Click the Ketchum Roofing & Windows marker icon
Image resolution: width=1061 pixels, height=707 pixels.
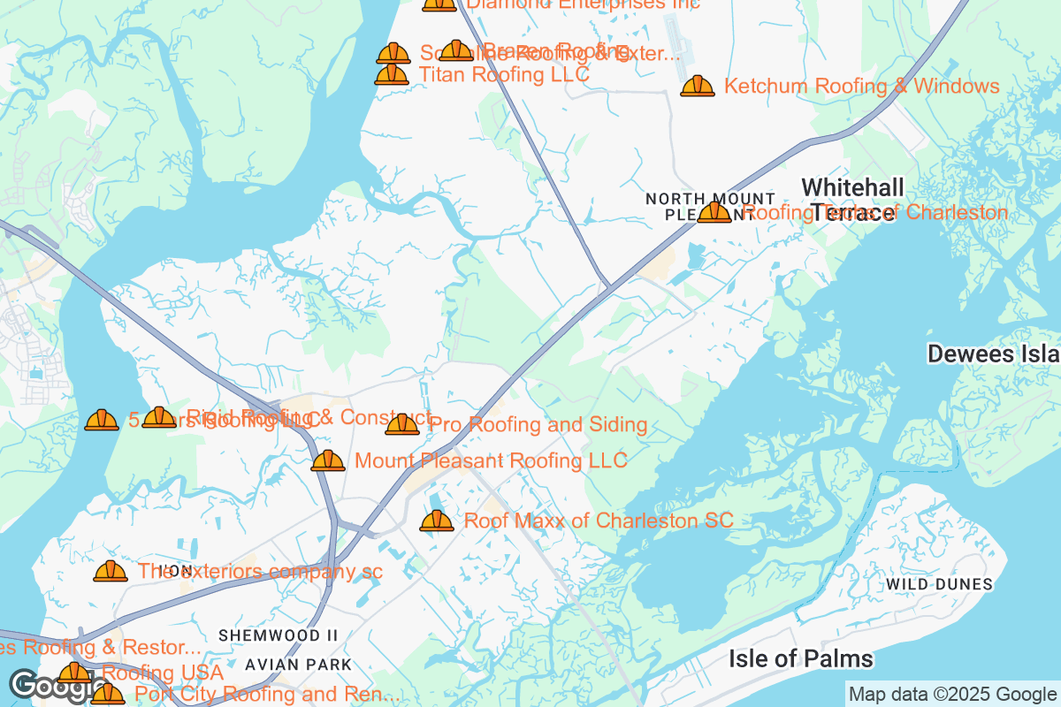(x=698, y=86)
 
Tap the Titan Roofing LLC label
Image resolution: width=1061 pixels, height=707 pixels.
(x=503, y=75)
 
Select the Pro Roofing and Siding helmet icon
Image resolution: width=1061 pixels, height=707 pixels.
(x=402, y=425)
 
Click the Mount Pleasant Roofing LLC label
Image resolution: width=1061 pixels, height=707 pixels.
(x=491, y=460)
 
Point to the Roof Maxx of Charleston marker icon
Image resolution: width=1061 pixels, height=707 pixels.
(x=436, y=521)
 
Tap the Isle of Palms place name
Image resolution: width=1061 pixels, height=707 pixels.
(x=800, y=658)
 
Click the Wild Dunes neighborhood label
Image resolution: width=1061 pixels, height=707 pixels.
(x=939, y=584)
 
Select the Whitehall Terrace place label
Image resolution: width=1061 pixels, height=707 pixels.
(x=852, y=199)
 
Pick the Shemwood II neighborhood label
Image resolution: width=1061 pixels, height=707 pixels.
(x=279, y=635)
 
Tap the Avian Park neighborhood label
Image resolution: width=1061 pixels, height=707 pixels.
(x=298, y=664)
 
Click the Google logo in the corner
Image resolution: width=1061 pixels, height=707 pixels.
(x=44, y=685)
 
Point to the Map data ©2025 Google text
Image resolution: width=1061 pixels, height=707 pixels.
(x=952, y=694)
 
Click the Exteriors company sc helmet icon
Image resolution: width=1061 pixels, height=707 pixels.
(x=111, y=572)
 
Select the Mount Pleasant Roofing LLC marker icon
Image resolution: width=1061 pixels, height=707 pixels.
(x=328, y=460)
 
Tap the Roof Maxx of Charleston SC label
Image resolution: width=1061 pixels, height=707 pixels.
(x=599, y=521)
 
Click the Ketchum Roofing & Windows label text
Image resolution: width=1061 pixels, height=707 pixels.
(x=861, y=86)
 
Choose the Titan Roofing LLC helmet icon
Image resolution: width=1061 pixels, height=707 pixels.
(x=392, y=74)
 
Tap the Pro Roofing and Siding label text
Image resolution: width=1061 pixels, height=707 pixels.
(x=538, y=425)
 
